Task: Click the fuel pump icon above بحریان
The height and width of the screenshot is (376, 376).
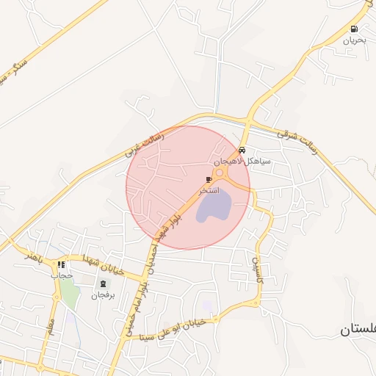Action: click(355, 29)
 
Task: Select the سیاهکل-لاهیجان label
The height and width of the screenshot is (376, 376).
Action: click(243, 160)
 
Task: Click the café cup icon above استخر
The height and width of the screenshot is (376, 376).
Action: click(209, 179)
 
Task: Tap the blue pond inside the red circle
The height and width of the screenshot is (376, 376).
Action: click(213, 208)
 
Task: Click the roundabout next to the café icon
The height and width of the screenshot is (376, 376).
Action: click(220, 173)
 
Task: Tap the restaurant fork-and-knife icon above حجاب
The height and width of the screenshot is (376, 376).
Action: click(62, 264)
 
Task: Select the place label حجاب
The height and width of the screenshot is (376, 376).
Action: click(62, 275)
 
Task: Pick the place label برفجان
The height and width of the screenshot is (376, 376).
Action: click(104, 296)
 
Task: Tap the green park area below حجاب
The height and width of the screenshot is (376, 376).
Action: click(70, 295)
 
